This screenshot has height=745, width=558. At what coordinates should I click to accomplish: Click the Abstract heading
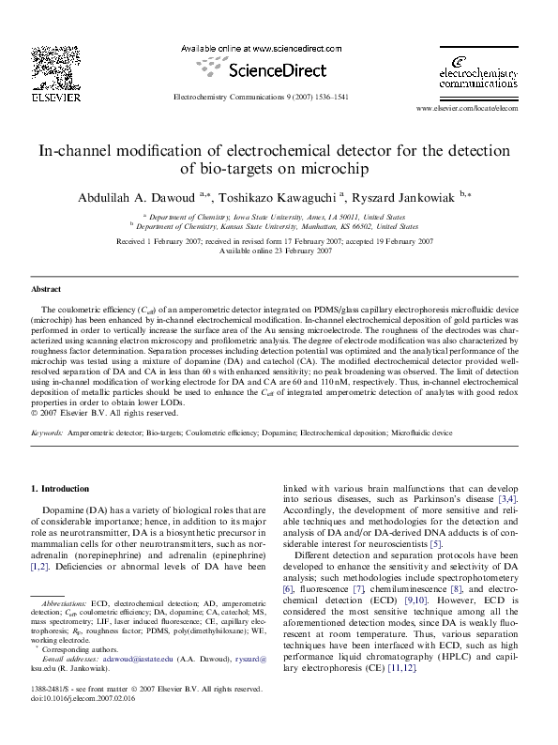[46, 290]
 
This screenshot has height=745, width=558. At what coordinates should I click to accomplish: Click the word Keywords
[47, 434]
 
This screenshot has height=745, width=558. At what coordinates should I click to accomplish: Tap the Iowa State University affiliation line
[279, 216]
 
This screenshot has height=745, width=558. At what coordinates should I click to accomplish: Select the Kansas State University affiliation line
[279, 226]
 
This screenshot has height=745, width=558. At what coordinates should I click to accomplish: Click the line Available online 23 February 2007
[279, 251]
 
